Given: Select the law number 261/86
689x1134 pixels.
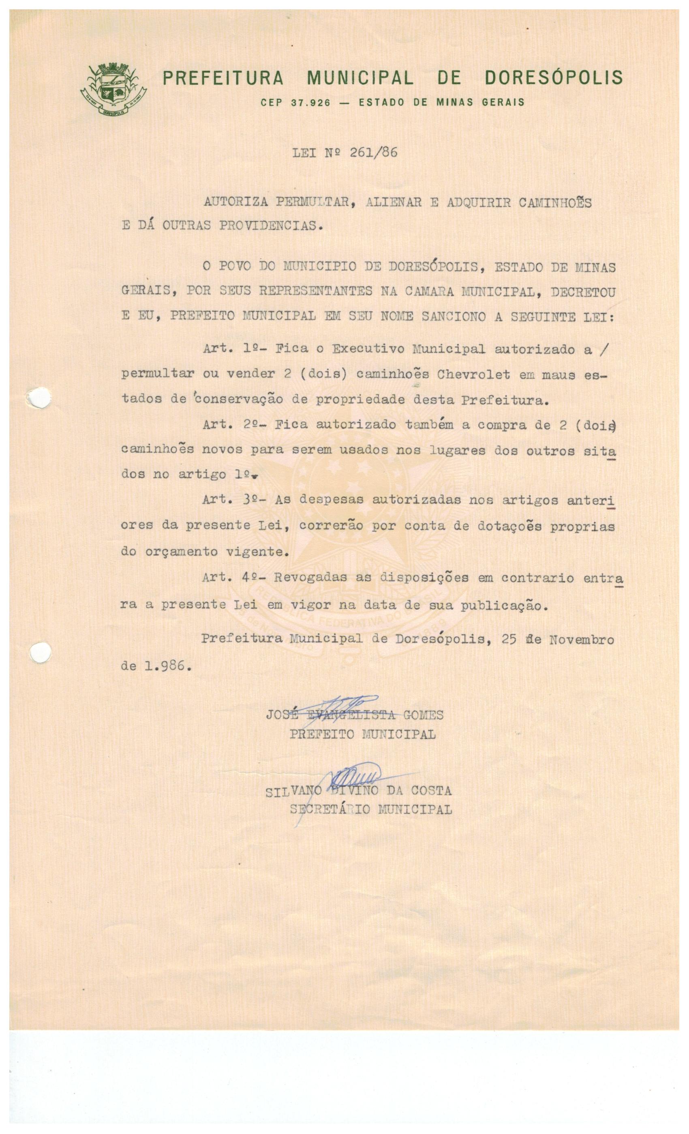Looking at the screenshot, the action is (373, 152).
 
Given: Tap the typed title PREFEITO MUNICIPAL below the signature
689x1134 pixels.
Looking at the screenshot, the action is (362, 734).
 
